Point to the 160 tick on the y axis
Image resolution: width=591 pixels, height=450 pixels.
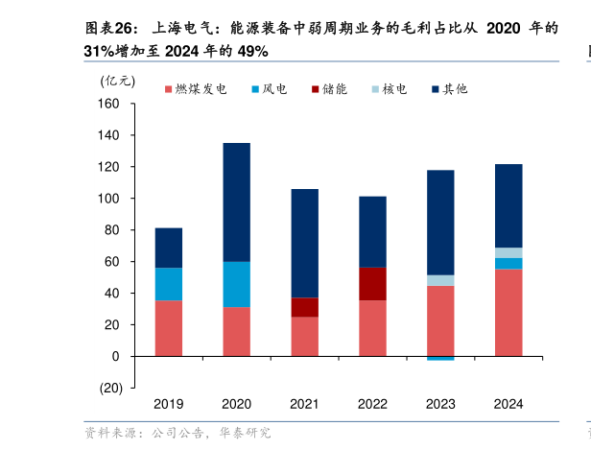pyautogui.click(x=108, y=104)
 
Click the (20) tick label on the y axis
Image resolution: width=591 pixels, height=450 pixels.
pyautogui.click(x=108, y=388)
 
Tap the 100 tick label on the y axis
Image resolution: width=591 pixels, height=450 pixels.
pyautogui.click(x=108, y=199)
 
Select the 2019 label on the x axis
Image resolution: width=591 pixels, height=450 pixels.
pyautogui.click(x=168, y=404)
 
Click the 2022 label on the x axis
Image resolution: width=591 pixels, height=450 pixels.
pyautogui.click(x=372, y=404)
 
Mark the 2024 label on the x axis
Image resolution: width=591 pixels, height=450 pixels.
pyautogui.click(x=508, y=404)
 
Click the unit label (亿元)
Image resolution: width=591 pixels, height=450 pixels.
pyautogui.click(x=118, y=80)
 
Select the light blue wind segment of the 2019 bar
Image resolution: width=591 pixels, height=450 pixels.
pyautogui.click(x=169, y=284)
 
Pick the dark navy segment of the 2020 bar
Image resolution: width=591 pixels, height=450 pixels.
pyautogui.click(x=237, y=201)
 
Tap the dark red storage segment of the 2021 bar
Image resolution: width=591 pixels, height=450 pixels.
pyautogui.click(x=305, y=307)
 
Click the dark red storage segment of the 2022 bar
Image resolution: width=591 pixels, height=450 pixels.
pyautogui.click(x=372, y=284)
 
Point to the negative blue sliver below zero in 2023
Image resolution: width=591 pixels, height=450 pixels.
pyautogui.click(x=440, y=358)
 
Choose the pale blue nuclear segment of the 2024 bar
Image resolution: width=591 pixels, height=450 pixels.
pyautogui.click(x=508, y=252)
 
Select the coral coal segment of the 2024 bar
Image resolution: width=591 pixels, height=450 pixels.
pyautogui.click(x=508, y=312)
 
